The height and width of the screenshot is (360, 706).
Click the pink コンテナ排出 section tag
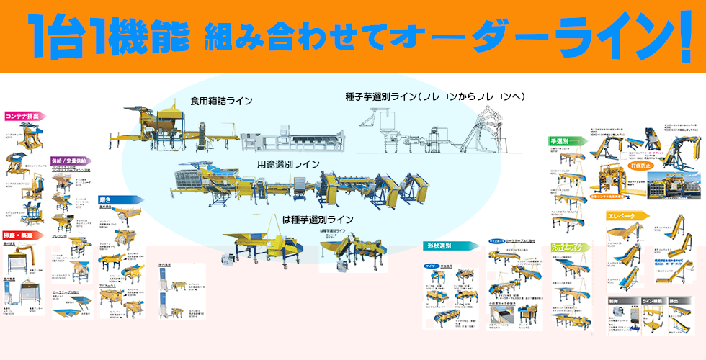pos(22,115)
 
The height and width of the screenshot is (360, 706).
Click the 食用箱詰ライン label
pos(221,102)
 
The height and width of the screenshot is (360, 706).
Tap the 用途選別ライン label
pos(288,164)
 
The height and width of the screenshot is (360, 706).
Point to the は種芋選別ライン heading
pos(318,219)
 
